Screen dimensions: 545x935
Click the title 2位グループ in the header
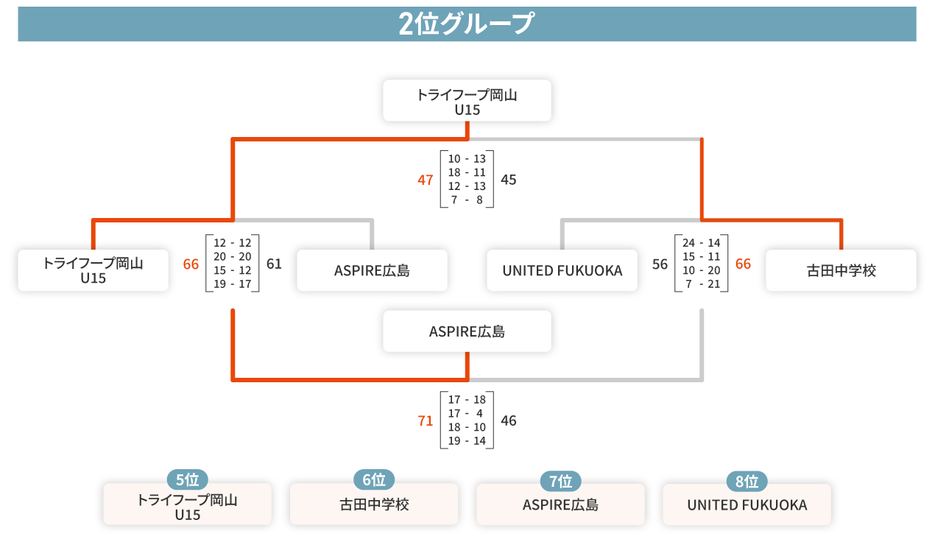point(466,24)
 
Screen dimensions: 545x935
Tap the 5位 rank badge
point(187,480)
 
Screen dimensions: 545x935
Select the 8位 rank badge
point(747,482)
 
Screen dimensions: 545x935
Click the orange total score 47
point(426,180)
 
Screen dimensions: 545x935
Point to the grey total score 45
point(509,180)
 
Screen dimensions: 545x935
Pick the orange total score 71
point(426,421)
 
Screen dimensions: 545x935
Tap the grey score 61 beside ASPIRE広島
point(274,264)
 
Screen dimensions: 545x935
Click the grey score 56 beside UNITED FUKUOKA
point(660,264)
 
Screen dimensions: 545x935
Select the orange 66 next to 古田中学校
point(744,264)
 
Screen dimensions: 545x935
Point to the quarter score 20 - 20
point(232,257)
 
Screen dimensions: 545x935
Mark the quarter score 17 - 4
point(467,414)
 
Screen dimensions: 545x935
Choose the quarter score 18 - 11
point(467,172)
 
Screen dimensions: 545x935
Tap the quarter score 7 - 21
point(701,284)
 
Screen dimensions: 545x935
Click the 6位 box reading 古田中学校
point(374,505)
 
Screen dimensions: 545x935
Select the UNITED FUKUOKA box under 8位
point(747,505)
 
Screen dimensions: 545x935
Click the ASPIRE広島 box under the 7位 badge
point(560,505)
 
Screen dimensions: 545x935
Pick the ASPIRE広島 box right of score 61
point(372,271)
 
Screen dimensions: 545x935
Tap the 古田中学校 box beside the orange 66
point(841,271)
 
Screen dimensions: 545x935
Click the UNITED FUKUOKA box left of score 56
point(562,271)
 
